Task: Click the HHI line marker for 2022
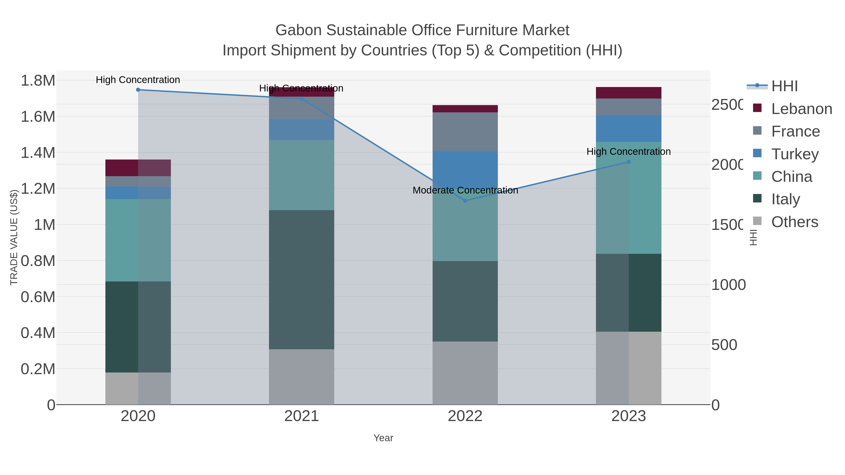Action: click(x=465, y=201)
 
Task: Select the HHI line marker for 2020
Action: click(x=138, y=90)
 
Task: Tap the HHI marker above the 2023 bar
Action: click(x=629, y=162)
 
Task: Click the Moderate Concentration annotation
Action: click(x=465, y=190)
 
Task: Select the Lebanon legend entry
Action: click(x=801, y=109)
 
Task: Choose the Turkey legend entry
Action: click(x=795, y=154)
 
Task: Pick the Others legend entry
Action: click(x=795, y=222)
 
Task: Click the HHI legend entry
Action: click(x=784, y=86)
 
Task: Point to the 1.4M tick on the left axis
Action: click(x=38, y=153)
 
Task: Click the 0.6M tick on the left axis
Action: click(x=38, y=297)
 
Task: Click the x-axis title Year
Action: click(x=383, y=438)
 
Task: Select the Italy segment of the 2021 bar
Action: click(x=301, y=280)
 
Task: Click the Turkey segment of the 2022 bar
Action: click(x=465, y=171)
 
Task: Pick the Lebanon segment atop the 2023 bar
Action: click(x=629, y=93)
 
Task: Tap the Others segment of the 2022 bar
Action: click(x=465, y=373)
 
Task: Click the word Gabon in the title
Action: click(x=299, y=30)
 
